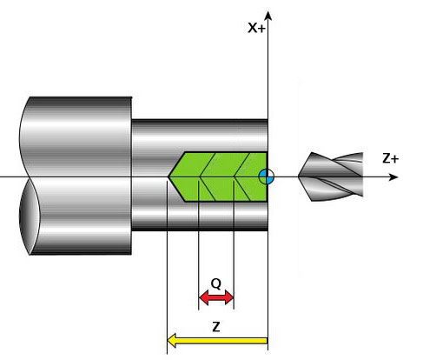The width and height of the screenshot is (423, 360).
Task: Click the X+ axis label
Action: (x=256, y=28)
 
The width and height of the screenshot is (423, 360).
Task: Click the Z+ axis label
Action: (x=390, y=159)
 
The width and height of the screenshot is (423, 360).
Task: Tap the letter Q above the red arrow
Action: (x=216, y=283)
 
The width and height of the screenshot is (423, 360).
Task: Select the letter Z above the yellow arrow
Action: (x=216, y=327)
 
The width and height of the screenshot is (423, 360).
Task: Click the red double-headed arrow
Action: (x=216, y=297)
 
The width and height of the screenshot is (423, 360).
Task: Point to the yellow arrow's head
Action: (x=172, y=340)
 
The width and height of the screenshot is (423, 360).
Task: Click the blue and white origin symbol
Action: (x=266, y=177)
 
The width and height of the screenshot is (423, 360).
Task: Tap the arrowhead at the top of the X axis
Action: (x=268, y=16)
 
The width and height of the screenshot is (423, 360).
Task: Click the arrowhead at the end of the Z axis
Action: (x=393, y=177)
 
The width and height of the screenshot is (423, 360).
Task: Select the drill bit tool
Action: (x=331, y=177)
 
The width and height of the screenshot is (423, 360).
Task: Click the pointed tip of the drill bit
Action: (x=299, y=177)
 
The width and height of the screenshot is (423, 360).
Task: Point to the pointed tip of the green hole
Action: (x=169, y=177)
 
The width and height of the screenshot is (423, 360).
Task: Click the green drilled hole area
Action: (x=218, y=177)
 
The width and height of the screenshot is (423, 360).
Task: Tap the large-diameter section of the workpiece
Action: (x=76, y=176)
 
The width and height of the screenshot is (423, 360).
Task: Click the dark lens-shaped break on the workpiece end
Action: (x=29, y=216)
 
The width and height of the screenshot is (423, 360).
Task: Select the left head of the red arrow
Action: (x=204, y=297)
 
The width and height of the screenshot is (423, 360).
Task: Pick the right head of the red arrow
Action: (x=229, y=297)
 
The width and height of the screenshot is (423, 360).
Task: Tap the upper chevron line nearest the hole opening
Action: (x=242, y=164)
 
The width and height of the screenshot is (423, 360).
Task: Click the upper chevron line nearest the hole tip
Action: (x=208, y=164)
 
